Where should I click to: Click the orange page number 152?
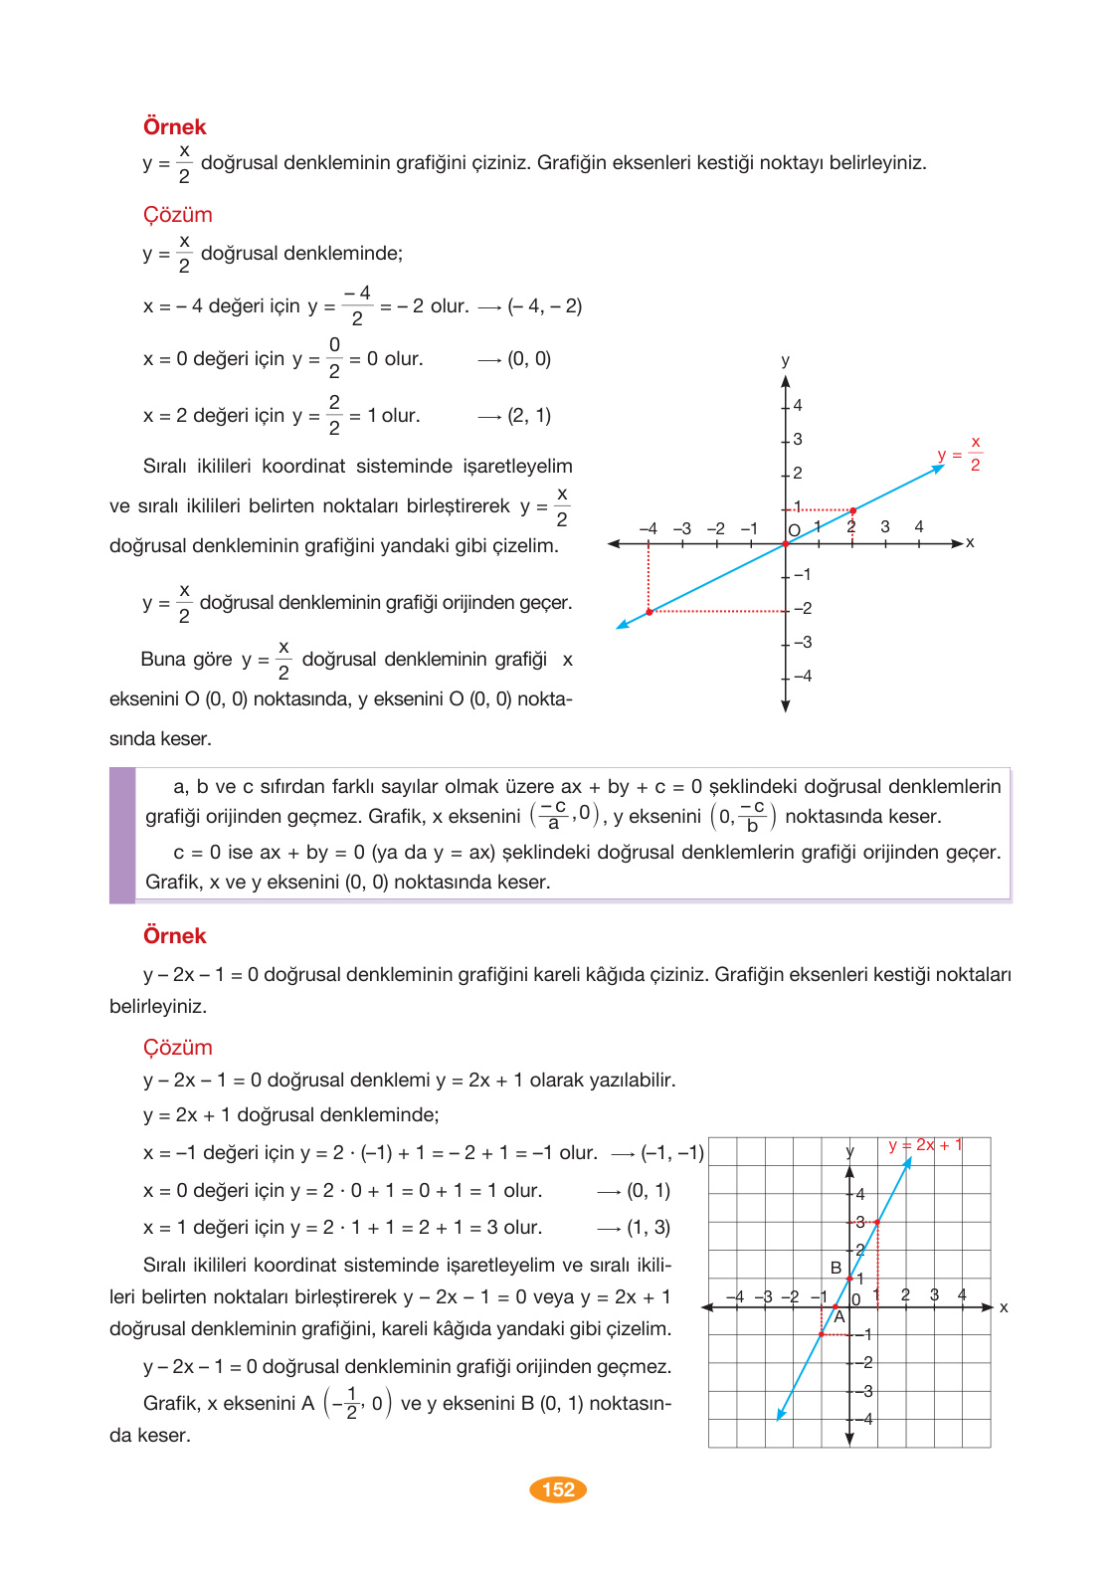coord(558,1489)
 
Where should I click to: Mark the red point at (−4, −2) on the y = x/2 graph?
coord(649,612)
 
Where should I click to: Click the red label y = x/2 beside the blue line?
coord(960,454)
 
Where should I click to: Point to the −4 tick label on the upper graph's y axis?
coord(803,677)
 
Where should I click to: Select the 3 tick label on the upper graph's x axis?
coord(885,526)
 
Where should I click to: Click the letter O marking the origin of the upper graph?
coord(794,530)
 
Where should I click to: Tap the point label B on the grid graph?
coord(836,1268)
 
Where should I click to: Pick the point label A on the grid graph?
coord(839,1317)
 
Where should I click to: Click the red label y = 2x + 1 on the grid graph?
coord(925,1145)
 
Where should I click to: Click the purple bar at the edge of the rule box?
coord(122,835)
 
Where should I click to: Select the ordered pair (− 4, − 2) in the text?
coord(544,306)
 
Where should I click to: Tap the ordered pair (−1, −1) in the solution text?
coord(671,1153)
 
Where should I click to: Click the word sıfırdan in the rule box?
coord(295,787)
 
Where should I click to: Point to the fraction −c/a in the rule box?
coord(554,815)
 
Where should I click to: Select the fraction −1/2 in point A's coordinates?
coord(348,1403)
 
